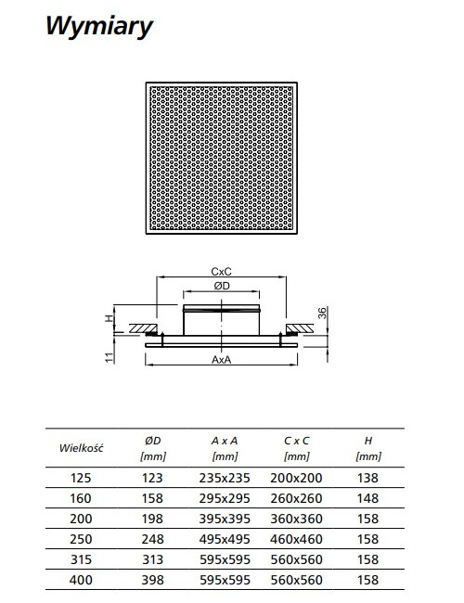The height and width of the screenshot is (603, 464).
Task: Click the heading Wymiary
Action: [99, 27]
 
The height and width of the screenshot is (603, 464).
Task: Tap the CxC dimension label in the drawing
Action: [221, 272]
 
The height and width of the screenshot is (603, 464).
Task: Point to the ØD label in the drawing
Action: [222, 286]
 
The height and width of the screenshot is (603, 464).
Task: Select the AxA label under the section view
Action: [221, 360]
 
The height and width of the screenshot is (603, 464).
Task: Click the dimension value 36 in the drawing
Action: [322, 313]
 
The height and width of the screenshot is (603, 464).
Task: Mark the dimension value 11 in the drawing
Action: [110, 357]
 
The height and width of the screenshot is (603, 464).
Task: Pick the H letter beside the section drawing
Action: [110, 318]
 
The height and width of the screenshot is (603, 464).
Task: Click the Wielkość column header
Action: [81, 448]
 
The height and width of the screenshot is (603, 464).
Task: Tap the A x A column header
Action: [225, 441]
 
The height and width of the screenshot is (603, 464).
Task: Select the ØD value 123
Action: [152, 478]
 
